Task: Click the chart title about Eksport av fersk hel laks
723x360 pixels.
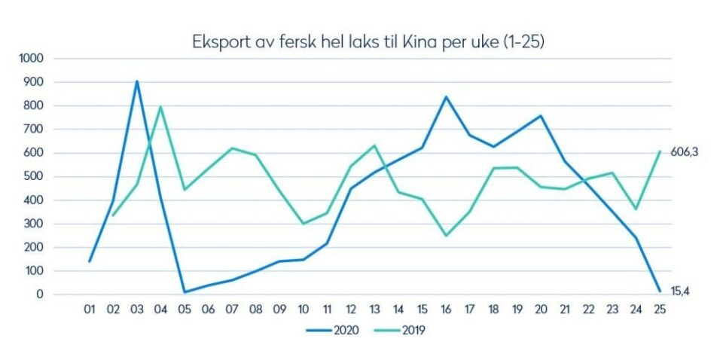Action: pyautogui.click(x=368, y=41)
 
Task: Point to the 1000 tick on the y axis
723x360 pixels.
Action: pyautogui.click(x=31, y=58)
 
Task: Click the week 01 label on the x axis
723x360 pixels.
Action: pyautogui.click(x=90, y=310)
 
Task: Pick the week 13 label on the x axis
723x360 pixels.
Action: pyautogui.click(x=374, y=310)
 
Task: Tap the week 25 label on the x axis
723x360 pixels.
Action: pyautogui.click(x=660, y=310)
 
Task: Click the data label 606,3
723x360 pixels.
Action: pyautogui.click(x=685, y=151)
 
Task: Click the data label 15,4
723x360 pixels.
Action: pyautogui.click(x=681, y=291)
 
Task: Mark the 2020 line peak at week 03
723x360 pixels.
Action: pyautogui.click(x=136, y=81)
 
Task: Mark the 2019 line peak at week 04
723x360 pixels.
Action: pyautogui.click(x=160, y=106)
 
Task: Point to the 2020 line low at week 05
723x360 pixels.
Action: pyautogui.click(x=185, y=292)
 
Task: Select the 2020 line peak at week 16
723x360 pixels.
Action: pyautogui.click(x=446, y=97)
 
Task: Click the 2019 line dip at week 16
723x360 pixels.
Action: pyautogui.click(x=446, y=236)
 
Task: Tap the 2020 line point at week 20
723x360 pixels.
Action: pyautogui.click(x=541, y=116)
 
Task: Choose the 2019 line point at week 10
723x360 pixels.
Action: pyautogui.click(x=303, y=224)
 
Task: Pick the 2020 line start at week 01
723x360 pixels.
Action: pyautogui.click(x=90, y=261)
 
